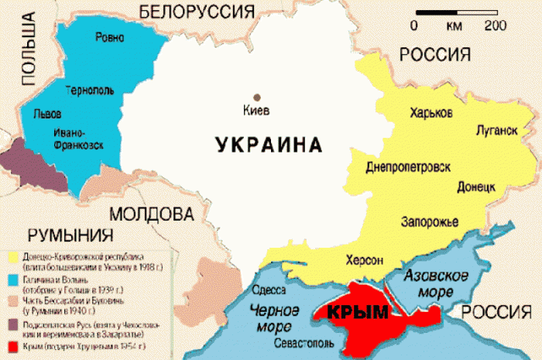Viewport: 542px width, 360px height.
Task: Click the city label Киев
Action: pyautogui.click(x=256, y=111)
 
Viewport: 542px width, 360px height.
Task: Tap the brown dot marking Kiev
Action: pyautogui.click(x=257, y=97)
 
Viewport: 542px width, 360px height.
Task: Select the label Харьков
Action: pyautogui.click(x=432, y=113)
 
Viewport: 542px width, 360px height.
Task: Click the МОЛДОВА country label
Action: pyautogui.click(x=150, y=213)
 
